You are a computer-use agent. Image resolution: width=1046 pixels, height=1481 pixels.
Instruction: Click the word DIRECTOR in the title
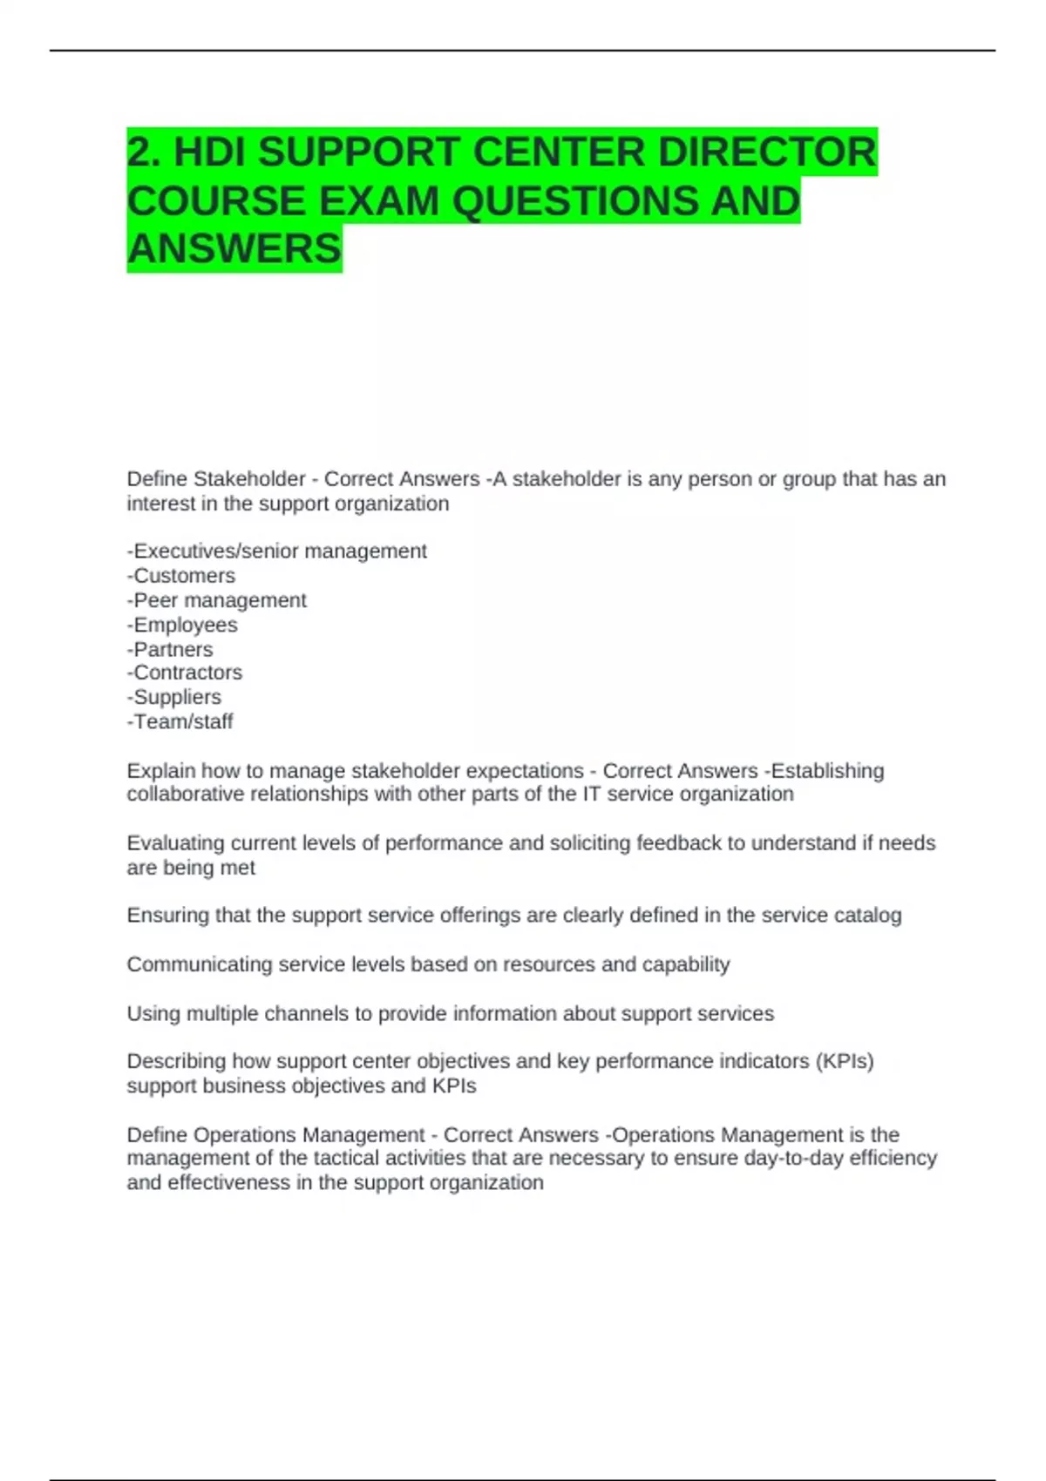point(767,152)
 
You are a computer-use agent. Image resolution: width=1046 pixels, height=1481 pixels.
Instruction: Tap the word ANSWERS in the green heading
point(234,249)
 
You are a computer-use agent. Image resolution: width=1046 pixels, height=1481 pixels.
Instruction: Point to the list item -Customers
point(181,576)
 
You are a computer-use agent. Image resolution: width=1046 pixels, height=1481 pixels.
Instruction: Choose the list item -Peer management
point(217,600)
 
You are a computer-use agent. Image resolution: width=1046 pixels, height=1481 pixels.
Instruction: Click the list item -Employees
point(182,625)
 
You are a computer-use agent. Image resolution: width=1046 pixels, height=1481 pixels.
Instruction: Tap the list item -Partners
point(170,649)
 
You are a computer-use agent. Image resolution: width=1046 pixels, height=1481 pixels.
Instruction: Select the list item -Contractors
point(185,673)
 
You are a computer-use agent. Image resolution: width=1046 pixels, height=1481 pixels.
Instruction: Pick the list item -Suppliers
point(174,697)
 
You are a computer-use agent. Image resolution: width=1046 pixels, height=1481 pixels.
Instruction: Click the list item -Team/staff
point(180,721)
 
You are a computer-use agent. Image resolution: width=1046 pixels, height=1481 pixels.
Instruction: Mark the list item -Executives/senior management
point(277,551)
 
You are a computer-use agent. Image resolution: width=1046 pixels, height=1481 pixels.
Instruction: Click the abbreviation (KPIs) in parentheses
point(845,1061)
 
